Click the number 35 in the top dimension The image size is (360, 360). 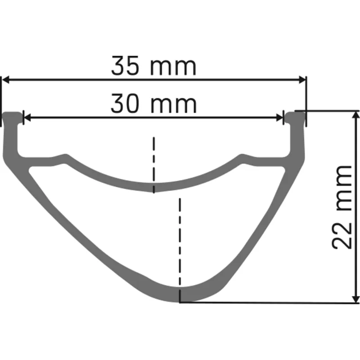pos(126,66)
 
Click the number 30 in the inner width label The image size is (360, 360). pos(126,104)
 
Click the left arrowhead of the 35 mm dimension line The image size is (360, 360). pos(6,80)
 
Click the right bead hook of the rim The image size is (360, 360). pos(295,117)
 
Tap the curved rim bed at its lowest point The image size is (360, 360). pos(154,188)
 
